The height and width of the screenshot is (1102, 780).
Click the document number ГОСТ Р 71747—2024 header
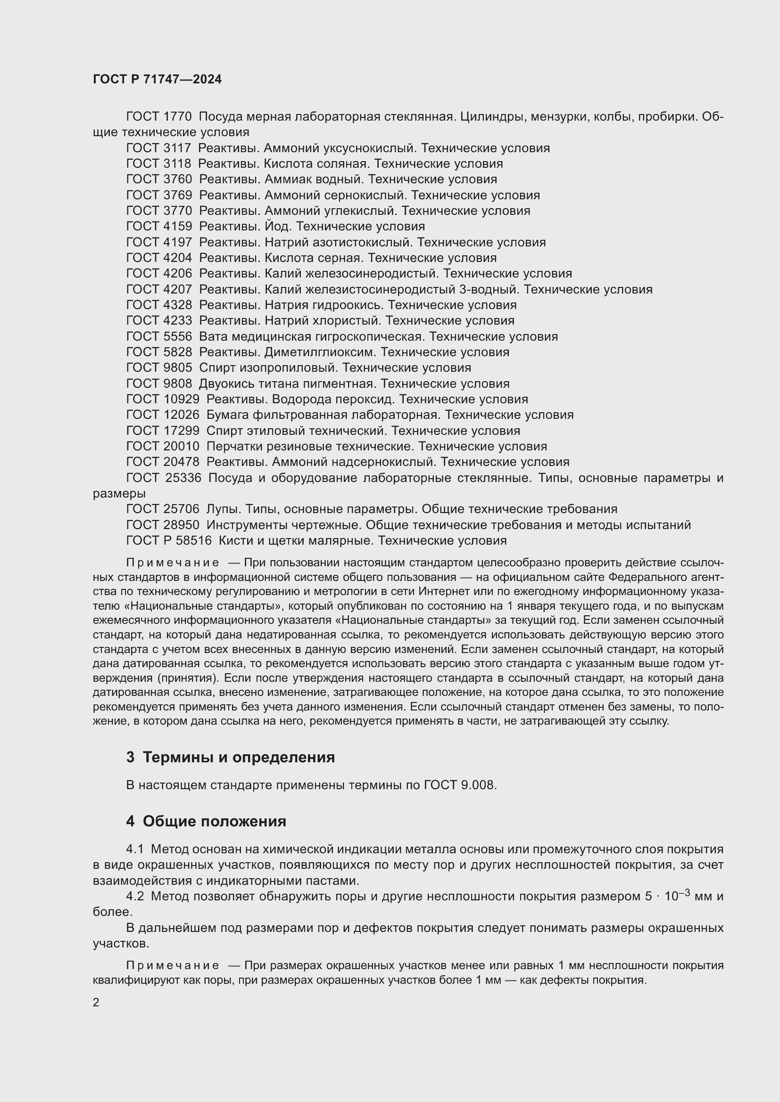(x=157, y=79)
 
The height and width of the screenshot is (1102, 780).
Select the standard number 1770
(x=177, y=117)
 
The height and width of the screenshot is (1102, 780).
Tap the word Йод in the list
(x=277, y=226)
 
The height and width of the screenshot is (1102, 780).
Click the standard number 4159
(x=177, y=226)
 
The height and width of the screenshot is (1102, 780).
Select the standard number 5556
(x=177, y=336)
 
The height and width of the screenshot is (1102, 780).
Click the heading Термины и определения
(x=239, y=758)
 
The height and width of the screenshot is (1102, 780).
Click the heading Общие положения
(x=214, y=821)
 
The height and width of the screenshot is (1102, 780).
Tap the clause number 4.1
(x=134, y=849)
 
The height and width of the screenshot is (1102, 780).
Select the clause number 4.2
(x=134, y=896)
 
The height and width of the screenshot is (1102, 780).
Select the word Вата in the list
(x=213, y=336)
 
